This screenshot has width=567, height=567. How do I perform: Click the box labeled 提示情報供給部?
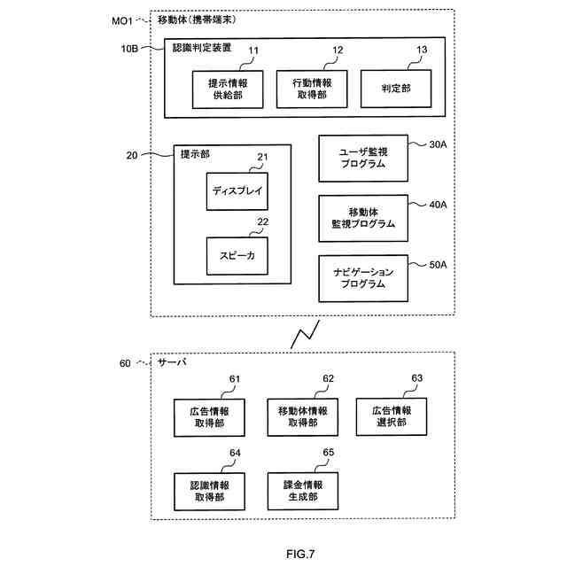(226, 88)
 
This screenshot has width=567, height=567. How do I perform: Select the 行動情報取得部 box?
(311, 88)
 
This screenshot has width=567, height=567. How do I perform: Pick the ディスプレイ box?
(236, 190)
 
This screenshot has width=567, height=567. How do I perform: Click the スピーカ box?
(236, 256)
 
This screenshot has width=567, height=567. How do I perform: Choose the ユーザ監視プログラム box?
(363, 158)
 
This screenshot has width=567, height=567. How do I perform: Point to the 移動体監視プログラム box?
(363, 218)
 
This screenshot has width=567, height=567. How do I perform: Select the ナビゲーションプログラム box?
(363, 278)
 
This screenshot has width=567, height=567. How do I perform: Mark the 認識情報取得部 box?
(209, 491)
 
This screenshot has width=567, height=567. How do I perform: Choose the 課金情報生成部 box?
(302, 491)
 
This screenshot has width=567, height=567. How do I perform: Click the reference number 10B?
(129, 49)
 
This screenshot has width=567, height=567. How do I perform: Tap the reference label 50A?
(438, 264)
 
